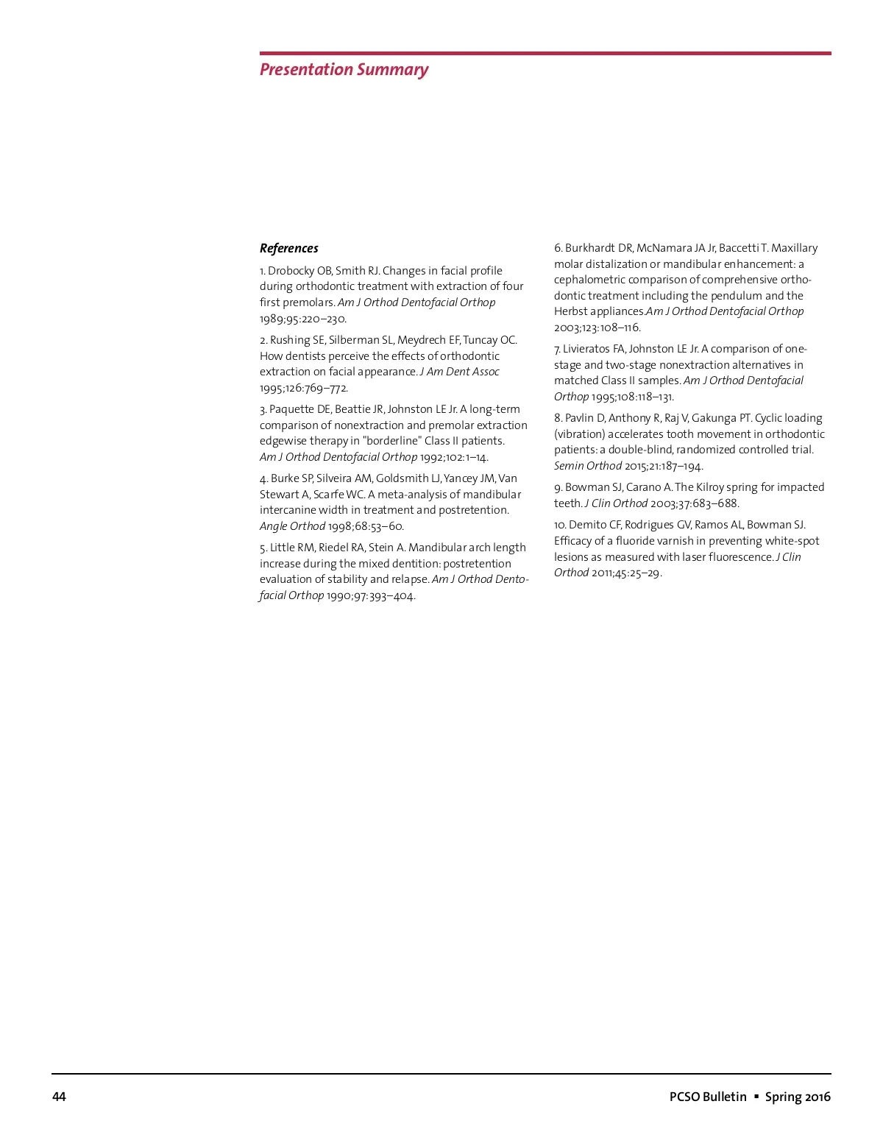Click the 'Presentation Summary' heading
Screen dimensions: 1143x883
pos(344,70)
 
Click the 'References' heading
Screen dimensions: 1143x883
pos(289,249)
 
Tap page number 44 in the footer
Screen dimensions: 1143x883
pos(59,1097)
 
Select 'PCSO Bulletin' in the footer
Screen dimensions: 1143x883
pos(708,1097)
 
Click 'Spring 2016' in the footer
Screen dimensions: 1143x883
pos(798,1097)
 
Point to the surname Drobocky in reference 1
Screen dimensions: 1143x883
pos(292,271)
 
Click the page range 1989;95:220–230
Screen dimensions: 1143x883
pos(303,319)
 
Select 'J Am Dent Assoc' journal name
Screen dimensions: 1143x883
pos(460,372)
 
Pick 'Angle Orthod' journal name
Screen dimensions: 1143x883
pos(292,526)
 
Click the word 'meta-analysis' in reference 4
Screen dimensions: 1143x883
pos(414,495)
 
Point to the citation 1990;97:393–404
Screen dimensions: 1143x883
pos(371,595)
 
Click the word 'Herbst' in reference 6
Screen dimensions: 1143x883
pos(571,311)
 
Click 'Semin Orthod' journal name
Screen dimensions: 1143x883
pos(587,466)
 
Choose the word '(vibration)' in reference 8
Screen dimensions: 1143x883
pos(579,434)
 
